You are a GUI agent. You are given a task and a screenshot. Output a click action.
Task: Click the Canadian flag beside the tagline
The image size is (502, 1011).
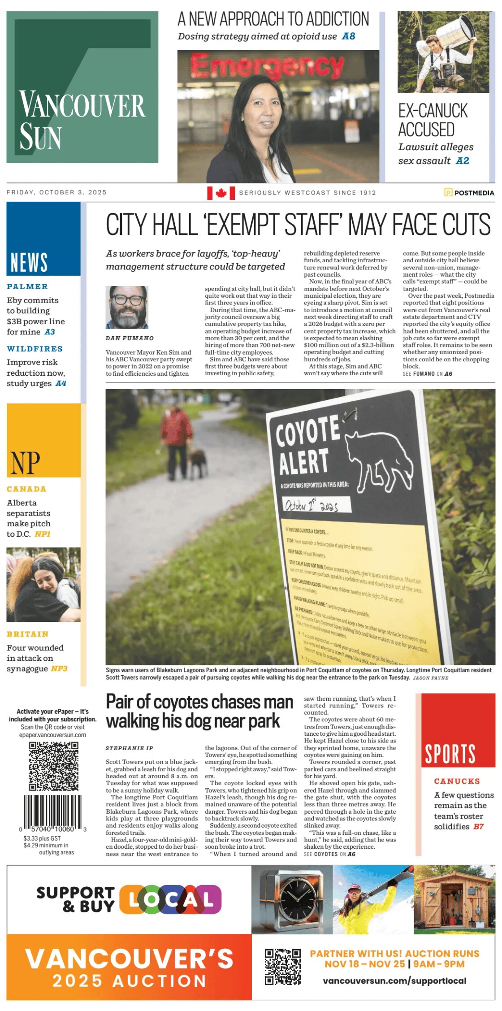tap(221, 193)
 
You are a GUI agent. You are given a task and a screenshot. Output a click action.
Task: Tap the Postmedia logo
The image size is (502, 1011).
tap(469, 193)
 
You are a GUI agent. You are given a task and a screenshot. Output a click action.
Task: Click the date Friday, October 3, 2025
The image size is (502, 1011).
tap(56, 192)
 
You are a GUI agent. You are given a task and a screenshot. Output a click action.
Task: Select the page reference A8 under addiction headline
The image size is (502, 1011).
tap(348, 36)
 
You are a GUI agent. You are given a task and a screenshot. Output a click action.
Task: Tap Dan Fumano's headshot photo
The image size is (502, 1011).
tap(127, 307)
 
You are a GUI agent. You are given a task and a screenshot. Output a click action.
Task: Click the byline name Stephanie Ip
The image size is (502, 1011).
tap(129, 748)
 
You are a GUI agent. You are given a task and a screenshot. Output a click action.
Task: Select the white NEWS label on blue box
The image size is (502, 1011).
tap(29, 262)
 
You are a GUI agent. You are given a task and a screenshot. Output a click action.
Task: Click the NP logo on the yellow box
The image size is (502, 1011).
tap(25, 463)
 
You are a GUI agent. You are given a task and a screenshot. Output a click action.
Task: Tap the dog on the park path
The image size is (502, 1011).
tap(197, 462)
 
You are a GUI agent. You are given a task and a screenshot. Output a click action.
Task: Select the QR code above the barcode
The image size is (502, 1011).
tap(54, 766)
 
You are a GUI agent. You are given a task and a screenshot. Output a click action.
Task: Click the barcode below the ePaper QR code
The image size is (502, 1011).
tap(53, 812)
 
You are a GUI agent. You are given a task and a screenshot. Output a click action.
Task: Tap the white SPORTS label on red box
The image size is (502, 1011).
tap(450, 754)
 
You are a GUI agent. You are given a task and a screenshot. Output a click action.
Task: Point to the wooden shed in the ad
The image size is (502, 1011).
tap(454, 900)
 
